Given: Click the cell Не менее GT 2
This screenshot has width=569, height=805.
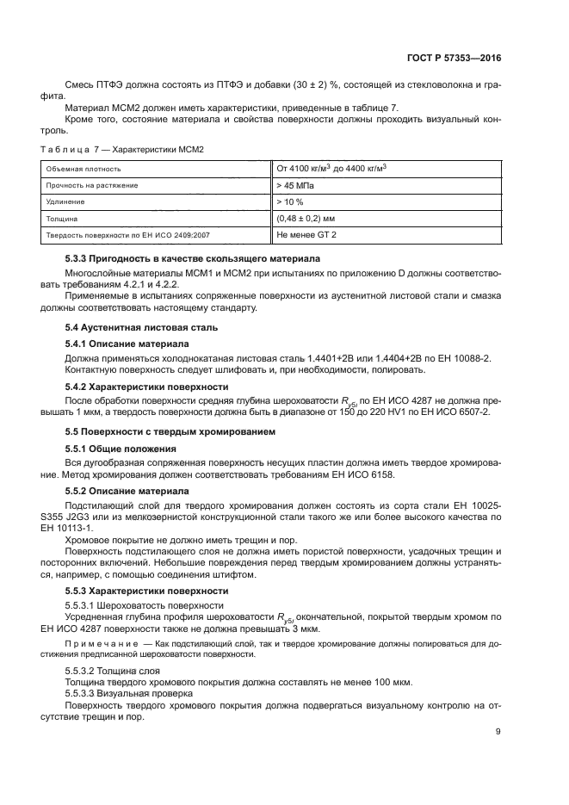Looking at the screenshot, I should click(x=307, y=234).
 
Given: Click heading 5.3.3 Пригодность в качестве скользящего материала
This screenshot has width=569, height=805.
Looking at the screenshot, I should click(x=193, y=259).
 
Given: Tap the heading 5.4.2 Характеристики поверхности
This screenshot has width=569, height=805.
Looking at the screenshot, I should click(x=146, y=387).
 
